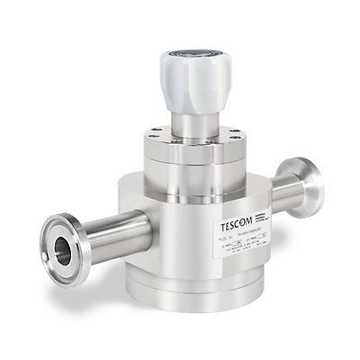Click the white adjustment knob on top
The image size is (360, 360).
click(x=196, y=76)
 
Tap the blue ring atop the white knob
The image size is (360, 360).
click(x=196, y=55)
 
